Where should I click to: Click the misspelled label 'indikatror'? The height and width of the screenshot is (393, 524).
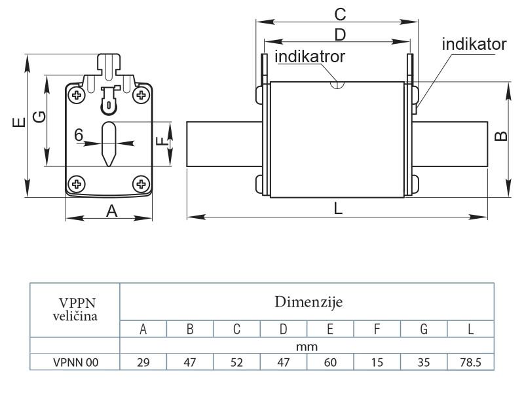[x=310, y=56]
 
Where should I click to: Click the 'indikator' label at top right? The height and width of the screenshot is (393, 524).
[x=474, y=44]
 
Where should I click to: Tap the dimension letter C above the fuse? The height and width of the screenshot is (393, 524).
[x=340, y=14]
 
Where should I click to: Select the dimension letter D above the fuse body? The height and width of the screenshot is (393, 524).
[x=340, y=35]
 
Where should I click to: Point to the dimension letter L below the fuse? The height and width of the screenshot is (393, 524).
[x=338, y=208]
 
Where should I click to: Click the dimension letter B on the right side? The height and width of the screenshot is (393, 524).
[x=501, y=136]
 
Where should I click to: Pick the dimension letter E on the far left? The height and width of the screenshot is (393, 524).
[x=19, y=122]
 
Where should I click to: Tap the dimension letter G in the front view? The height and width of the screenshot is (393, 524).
[x=39, y=117]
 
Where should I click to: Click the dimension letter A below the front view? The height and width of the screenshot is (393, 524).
[x=111, y=211]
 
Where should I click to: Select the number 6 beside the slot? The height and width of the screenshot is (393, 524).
[x=79, y=135]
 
